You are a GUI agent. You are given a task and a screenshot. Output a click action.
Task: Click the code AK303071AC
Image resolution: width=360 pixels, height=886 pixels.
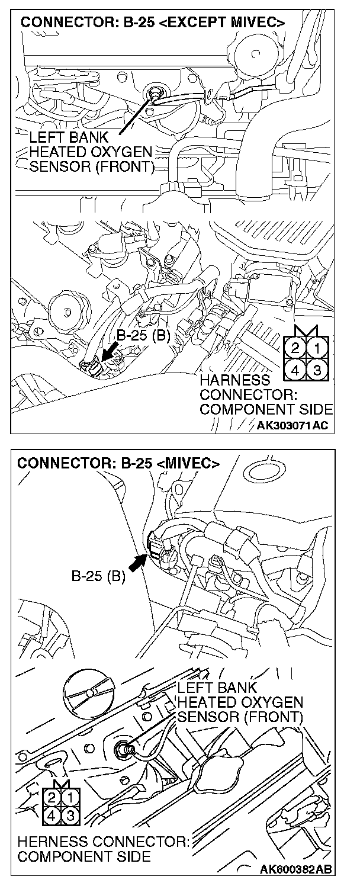292,425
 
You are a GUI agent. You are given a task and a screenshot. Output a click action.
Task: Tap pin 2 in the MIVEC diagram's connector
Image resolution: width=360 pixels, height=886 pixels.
53,799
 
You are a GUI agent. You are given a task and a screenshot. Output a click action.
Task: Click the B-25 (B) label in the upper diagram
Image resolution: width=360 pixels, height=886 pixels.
143,336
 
